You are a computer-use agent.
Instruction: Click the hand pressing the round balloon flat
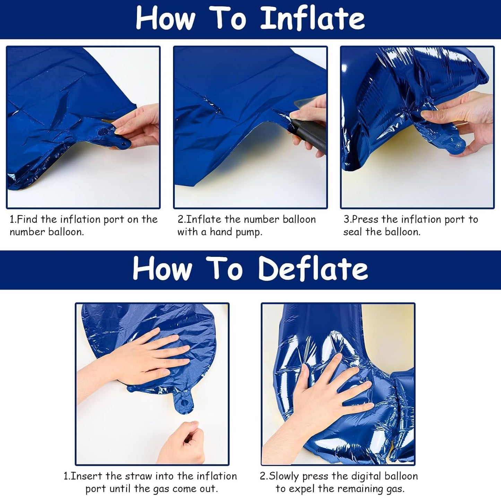click(146, 357)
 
